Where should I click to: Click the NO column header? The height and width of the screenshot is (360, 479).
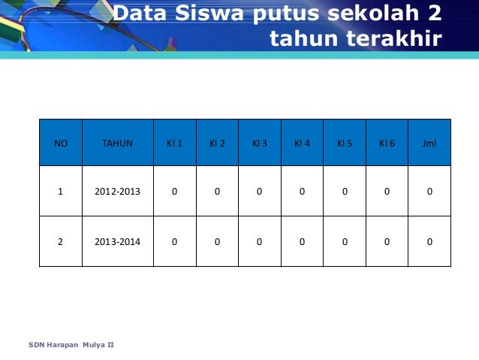[60, 143]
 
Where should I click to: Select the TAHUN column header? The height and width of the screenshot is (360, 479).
[117, 143]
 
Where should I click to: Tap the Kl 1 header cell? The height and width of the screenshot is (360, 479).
[174, 143]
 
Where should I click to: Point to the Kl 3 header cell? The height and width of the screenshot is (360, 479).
[259, 143]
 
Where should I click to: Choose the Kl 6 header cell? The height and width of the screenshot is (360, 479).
[387, 143]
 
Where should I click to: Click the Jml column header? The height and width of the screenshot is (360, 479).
[429, 143]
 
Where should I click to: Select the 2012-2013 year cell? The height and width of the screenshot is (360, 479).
[117, 192]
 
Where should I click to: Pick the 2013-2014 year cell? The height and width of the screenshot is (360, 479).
[117, 241]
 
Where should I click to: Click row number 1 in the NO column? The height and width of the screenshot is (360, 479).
[60, 192]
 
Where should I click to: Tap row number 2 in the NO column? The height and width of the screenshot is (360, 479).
[60, 241]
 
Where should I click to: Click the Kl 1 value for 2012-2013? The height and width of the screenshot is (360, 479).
[174, 192]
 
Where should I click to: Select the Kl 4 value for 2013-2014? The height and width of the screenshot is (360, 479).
[302, 241]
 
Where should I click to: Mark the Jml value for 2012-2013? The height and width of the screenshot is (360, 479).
[429, 192]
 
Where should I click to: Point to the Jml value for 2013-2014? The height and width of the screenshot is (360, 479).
[429, 241]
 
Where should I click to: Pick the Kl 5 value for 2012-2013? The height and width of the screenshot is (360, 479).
[345, 192]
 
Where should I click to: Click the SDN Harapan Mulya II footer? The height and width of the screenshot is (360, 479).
[71, 345]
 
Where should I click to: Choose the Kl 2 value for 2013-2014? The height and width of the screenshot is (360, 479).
[217, 241]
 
